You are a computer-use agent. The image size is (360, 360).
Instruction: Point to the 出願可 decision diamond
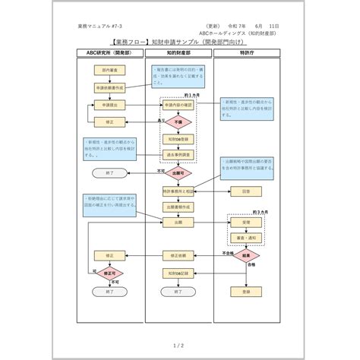coord(179,173)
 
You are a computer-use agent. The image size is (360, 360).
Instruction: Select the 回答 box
coord(247,191)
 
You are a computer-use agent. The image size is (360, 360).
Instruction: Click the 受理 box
coord(247,223)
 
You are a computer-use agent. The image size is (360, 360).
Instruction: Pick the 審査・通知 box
coord(247,238)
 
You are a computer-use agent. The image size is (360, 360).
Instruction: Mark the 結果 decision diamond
coord(247,257)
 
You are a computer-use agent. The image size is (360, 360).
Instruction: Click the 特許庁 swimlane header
coord(247,54)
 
